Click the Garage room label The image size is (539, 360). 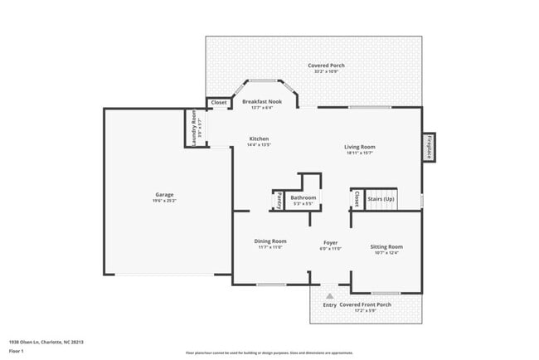tap(164, 195)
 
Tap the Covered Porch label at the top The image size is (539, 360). tap(326, 66)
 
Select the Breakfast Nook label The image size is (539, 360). tap(262, 101)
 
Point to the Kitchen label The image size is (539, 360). tap(259, 139)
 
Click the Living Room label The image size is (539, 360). tap(359, 147)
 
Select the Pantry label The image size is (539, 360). tap(279, 201)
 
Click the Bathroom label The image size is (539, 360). tap(303, 197)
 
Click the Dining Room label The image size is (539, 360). tap(270, 241)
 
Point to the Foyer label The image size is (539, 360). tap(330, 243)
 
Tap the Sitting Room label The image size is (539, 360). tap(386, 246)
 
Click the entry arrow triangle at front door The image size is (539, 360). tap(329, 296)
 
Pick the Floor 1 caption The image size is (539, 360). tap(17, 351)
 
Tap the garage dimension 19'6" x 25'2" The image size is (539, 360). tap(164, 201)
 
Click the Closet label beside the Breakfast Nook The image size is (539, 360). tap(219, 103)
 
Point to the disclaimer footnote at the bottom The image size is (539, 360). tap(269, 353)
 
